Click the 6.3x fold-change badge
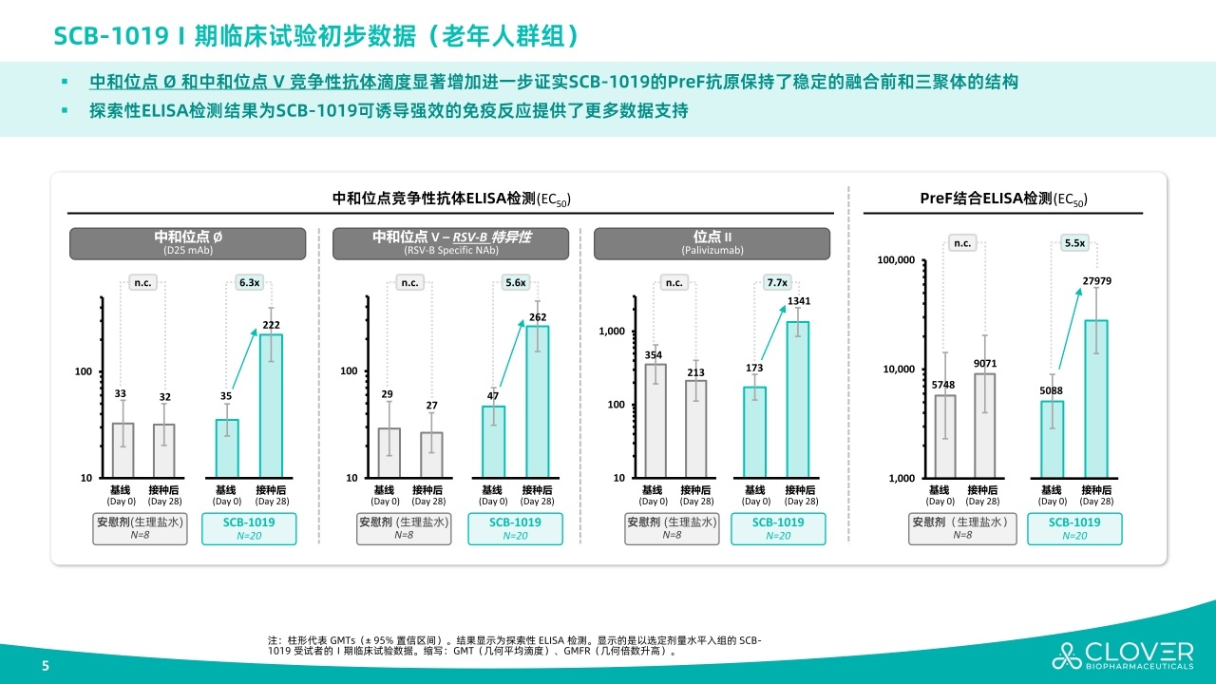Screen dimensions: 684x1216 (x=250, y=282)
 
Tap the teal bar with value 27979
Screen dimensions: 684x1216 (x=1096, y=399)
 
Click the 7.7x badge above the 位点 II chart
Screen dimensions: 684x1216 (x=777, y=282)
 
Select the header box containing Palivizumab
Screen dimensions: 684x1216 (x=712, y=243)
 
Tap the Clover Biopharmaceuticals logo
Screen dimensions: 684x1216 (x=1122, y=655)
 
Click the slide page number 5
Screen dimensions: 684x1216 (x=45, y=666)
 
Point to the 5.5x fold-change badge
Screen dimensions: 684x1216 (x=1074, y=243)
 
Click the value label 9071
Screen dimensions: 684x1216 (x=985, y=364)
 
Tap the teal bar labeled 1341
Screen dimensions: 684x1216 (x=798, y=399)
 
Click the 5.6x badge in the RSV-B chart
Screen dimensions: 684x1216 (x=516, y=282)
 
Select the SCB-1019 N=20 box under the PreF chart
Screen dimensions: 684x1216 (x=1074, y=529)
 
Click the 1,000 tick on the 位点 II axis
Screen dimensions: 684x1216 (x=612, y=332)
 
